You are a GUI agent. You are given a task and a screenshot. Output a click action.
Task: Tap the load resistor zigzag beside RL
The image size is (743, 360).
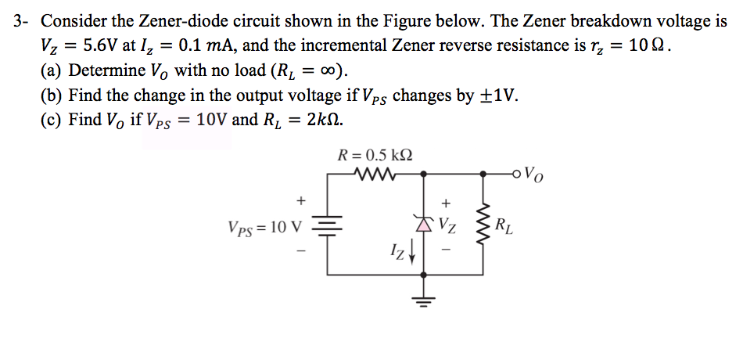pyautogui.click(x=483, y=227)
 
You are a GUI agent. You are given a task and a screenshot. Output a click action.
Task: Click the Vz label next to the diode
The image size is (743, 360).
pyautogui.click(x=448, y=228)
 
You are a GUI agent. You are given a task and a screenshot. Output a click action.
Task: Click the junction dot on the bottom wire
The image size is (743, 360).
pyautogui.click(x=424, y=275)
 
